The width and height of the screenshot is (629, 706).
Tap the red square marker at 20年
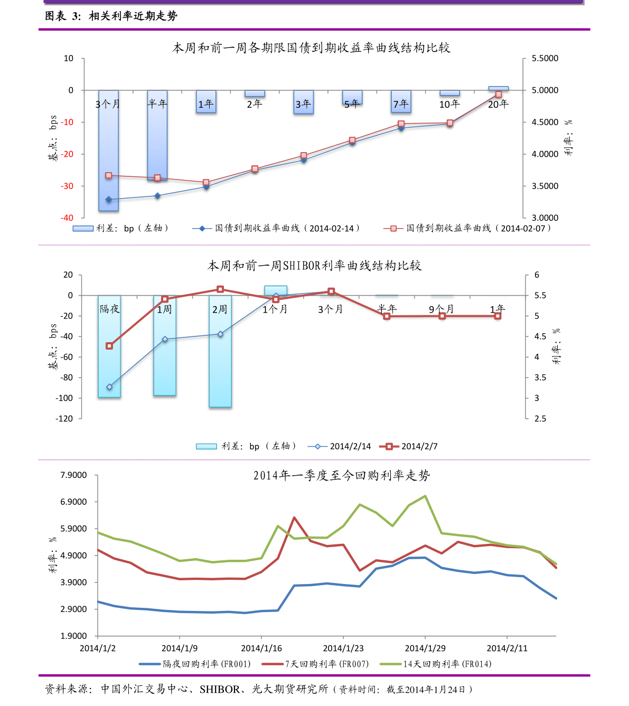pyautogui.click(x=498, y=95)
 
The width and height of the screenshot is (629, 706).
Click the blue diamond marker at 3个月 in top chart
pyautogui.click(x=109, y=200)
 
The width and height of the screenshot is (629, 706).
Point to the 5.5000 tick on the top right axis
pyautogui.click(x=544, y=59)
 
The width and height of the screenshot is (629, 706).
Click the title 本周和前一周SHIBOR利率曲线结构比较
pyautogui.click(x=314, y=266)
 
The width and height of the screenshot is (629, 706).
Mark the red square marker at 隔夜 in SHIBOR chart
pyautogui.click(x=109, y=346)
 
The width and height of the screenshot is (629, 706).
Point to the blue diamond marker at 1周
pyautogui.click(x=165, y=340)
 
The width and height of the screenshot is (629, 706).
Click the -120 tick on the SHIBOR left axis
pyautogui.click(x=64, y=419)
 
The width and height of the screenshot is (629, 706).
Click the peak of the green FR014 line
pyautogui.click(x=425, y=496)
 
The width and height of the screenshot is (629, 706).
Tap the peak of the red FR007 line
pyautogui.click(x=294, y=518)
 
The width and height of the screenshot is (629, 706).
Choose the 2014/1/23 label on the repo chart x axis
pyautogui.click(x=343, y=648)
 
